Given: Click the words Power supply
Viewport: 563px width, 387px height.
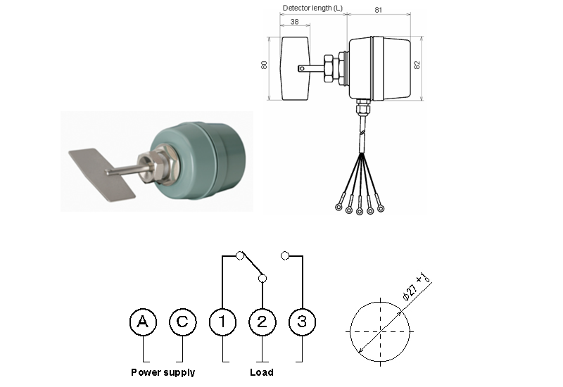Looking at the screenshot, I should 163,372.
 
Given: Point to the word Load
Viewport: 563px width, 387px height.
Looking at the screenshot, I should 262,372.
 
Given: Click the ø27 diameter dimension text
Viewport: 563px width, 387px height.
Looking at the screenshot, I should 417,288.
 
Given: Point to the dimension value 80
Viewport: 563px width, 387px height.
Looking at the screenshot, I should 265,65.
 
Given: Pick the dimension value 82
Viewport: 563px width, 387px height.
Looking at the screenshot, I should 418,65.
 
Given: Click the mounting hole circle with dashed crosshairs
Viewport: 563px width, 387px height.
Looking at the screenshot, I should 381,331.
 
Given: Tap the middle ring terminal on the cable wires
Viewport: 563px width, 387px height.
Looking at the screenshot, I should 360,210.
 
